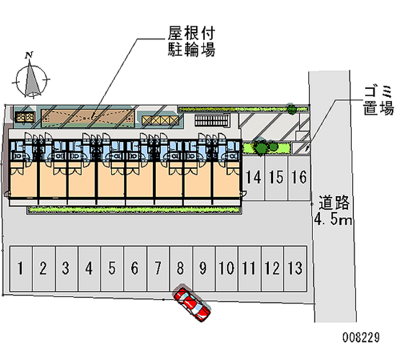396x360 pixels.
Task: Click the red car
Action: pos(193,305)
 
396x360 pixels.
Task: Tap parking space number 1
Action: pos(20,269)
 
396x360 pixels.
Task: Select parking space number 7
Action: pos(157,269)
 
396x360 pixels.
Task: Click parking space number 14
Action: pos(253,177)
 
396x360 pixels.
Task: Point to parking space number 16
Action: pos(299,177)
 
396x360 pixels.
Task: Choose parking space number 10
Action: pos(226,269)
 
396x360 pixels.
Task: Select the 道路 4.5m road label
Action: pos(333,210)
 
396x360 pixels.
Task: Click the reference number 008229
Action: pos(360,338)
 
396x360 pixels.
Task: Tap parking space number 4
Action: pos(89,269)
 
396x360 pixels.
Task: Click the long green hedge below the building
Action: pos(134,210)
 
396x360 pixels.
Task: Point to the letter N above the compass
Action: pos(30,54)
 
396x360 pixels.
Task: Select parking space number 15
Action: pos(276,177)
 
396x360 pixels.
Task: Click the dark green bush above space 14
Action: pos(260,146)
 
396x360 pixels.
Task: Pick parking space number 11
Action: pos(249,269)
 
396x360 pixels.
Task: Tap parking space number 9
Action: pos(203,269)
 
